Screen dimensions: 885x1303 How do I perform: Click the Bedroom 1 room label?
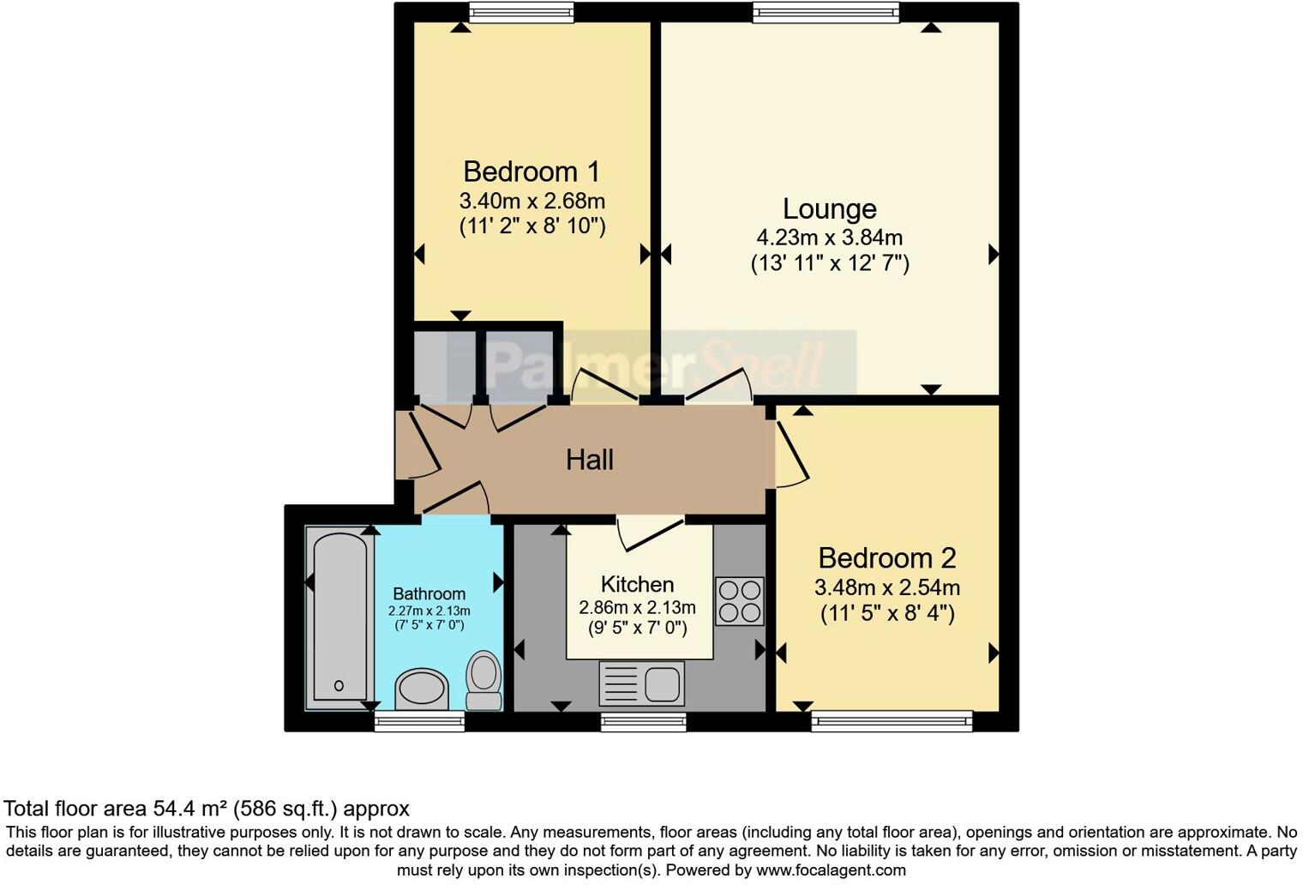pos(531,172)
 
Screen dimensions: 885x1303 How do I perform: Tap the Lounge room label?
pos(829,209)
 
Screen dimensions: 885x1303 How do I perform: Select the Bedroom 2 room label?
pos(886,558)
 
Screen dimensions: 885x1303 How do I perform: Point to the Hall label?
pos(590,461)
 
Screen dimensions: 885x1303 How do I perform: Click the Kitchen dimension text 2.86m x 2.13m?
pos(637,608)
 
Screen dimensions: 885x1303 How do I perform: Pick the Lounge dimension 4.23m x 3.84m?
pos(829,238)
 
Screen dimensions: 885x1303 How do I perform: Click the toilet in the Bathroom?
pos(484,680)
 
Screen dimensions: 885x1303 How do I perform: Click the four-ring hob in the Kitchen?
pos(739,601)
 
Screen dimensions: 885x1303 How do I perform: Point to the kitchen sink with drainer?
pos(642,684)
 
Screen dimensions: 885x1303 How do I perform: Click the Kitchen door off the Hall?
pos(650,532)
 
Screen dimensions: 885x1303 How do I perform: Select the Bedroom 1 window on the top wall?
pos(521,12)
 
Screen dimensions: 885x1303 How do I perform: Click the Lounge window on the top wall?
pos(826,12)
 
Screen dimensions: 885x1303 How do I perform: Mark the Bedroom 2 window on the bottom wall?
pos(892,721)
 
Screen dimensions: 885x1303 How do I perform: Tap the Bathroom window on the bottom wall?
pos(420,721)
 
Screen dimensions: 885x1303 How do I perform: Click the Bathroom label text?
pos(429,593)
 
